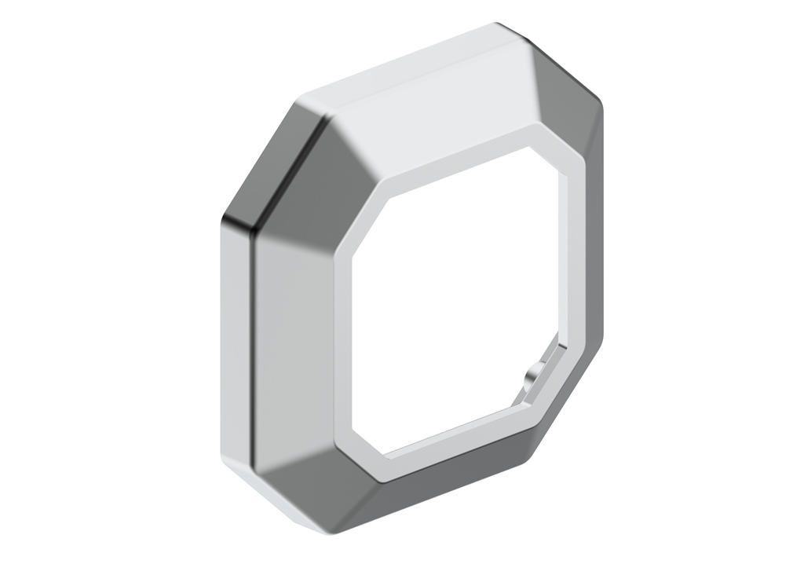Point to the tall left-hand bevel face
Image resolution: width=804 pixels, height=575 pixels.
tap(294, 346)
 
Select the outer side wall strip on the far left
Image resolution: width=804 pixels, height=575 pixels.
tap(234, 346)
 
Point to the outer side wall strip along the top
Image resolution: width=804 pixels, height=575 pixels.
tap(393, 67)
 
